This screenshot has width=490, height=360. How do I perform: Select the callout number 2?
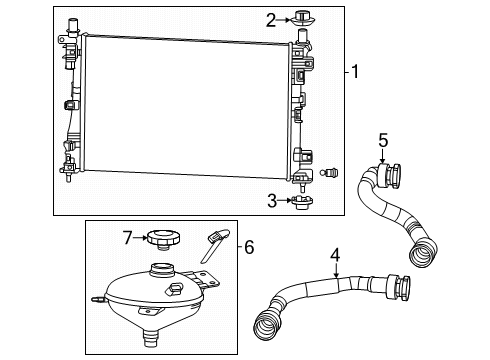271,18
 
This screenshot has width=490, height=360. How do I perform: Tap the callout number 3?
270,200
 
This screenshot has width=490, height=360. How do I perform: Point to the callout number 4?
336,254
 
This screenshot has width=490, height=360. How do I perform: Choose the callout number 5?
381,139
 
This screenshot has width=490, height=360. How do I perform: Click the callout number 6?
249,245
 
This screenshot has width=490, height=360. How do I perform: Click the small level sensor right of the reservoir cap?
215,240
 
